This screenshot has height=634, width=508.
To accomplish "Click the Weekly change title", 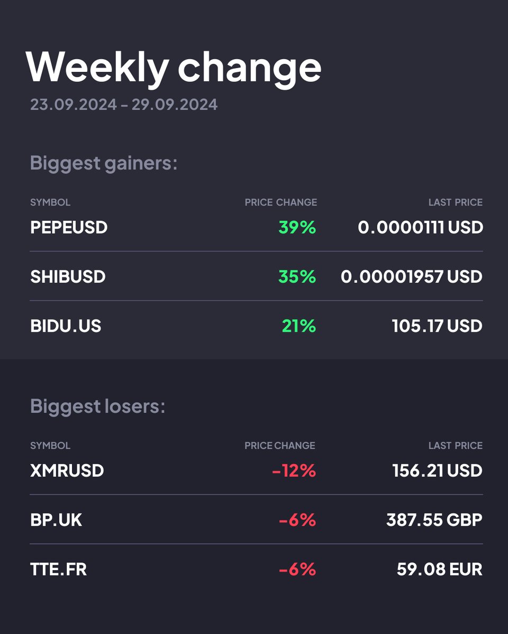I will coord(174,67).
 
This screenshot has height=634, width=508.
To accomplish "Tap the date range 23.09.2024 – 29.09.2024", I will coord(124,104).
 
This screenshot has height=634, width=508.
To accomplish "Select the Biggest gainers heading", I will coord(104,163).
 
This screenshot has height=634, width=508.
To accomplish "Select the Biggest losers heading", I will coord(98,406).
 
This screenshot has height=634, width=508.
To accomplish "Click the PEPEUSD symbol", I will coord(69,227).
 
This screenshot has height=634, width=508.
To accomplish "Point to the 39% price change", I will coord(297,227).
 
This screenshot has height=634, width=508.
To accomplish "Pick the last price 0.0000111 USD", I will coord(420,227).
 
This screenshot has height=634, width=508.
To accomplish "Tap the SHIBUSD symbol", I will coord(68,276).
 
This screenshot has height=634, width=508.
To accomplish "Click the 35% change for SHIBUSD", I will coord(297,276).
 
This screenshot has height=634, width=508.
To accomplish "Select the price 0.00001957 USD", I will coord(412,276).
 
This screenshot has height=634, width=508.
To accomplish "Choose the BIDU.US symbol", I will coord(66,326).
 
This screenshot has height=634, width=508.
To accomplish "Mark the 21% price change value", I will coord(298,326).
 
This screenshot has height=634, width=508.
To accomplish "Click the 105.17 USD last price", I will coord(437,326).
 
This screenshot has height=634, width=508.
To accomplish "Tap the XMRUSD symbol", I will coord(67,470).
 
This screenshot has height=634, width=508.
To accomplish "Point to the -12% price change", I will coord(294,470).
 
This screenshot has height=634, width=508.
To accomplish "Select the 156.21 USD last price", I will coord(437,470).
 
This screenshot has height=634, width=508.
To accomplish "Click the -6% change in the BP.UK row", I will coord(297,520).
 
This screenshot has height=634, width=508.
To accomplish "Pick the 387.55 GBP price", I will coord(434,520).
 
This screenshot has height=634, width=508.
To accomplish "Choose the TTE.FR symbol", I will coord(59,569).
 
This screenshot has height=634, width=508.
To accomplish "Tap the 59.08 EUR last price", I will coord(439,569).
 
